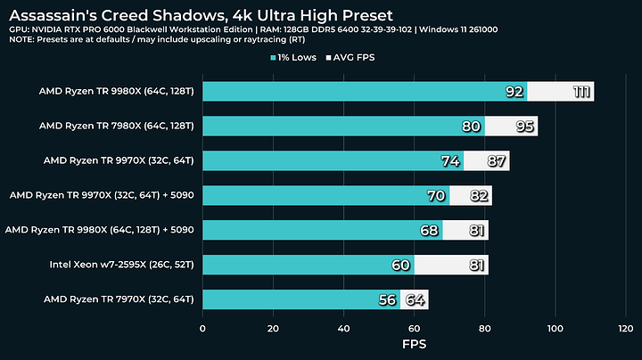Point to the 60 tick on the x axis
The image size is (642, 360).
point(414,328)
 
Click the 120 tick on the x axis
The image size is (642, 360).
point(625,328)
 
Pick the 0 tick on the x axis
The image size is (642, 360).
point(203,328)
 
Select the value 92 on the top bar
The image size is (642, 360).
point(539,92)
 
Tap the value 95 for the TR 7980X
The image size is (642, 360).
point(525,127)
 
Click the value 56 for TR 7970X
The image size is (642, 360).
point(387,299)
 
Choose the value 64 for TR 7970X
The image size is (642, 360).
point(416,299)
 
